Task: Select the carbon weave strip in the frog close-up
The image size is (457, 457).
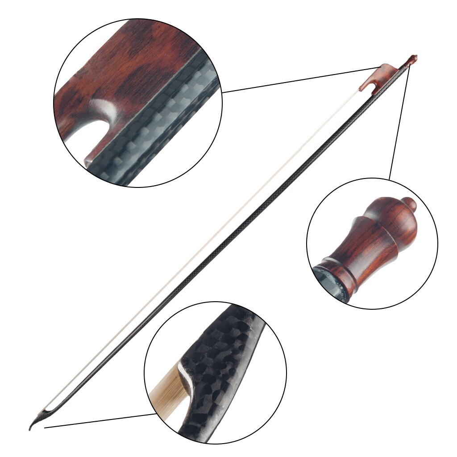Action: (152, 129)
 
